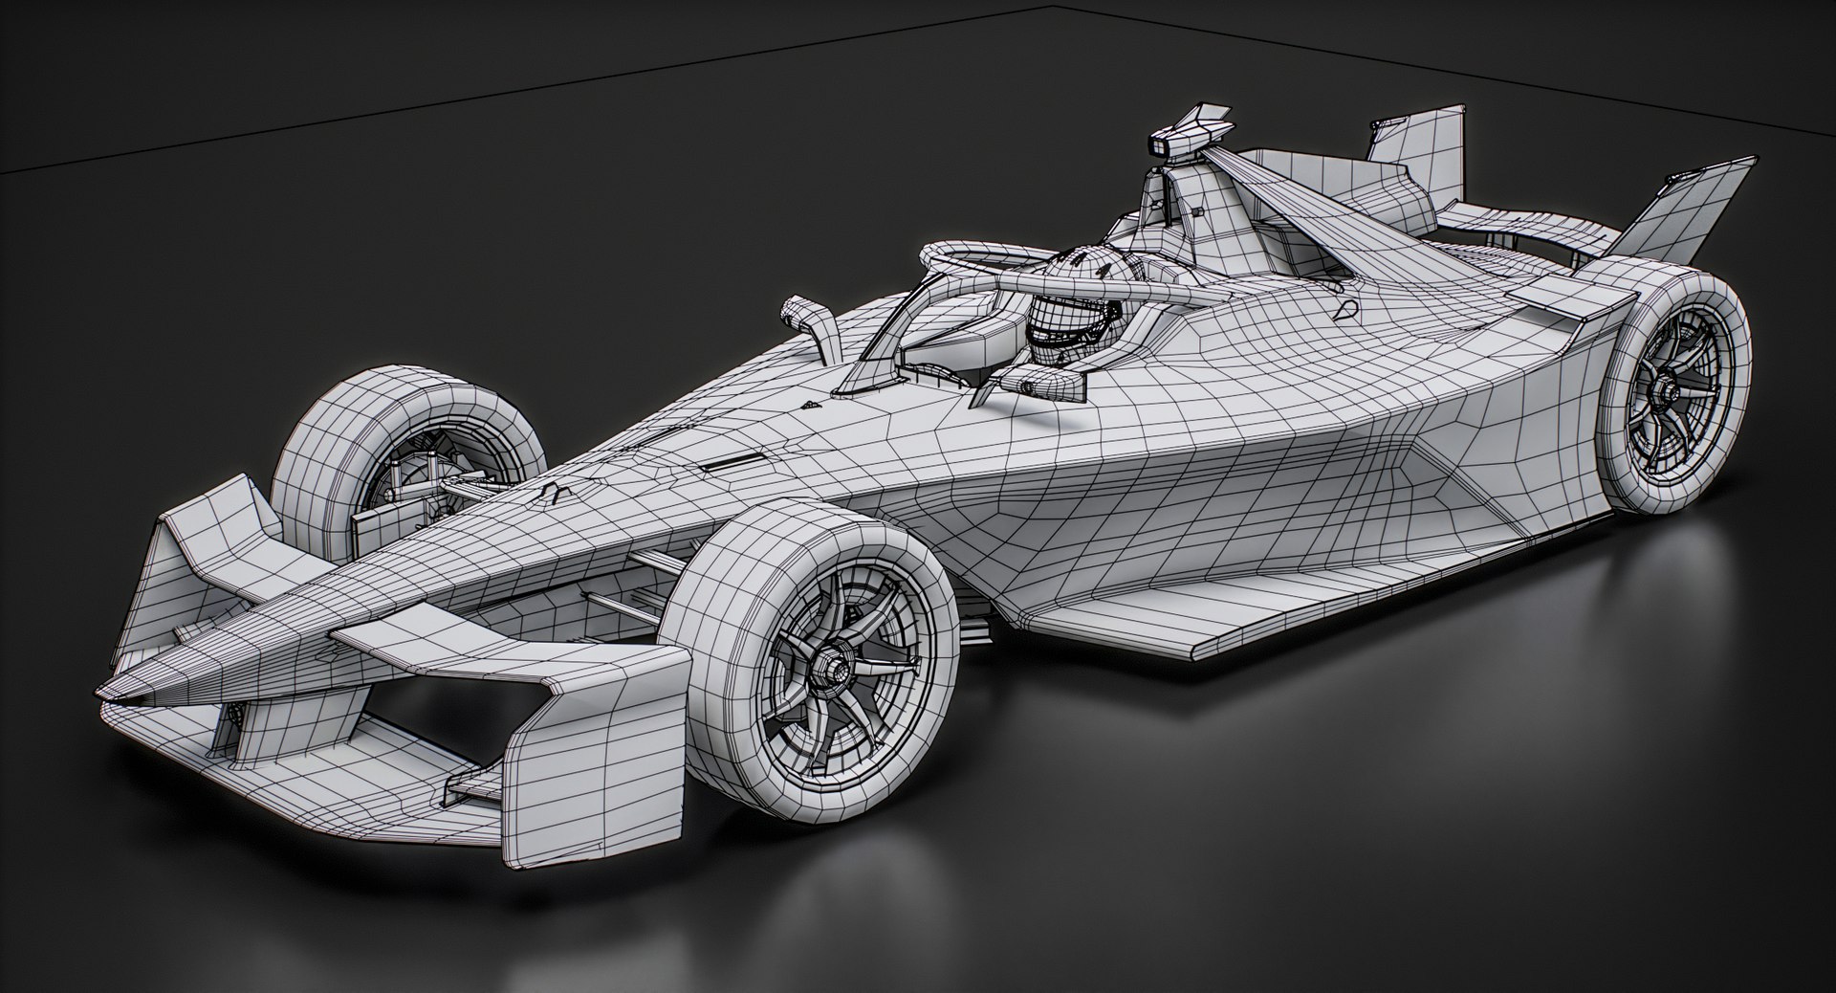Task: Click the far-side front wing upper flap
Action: tap(220, 536)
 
